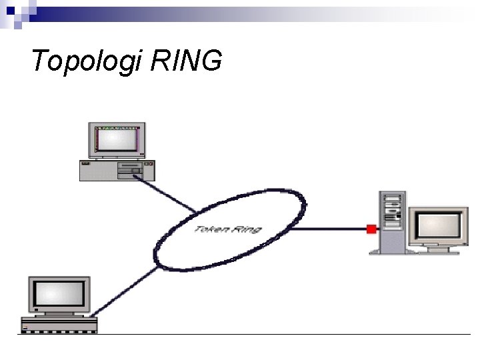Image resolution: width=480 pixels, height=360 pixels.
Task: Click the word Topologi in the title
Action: [87, 61]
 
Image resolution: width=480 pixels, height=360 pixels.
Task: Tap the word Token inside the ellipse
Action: [209, 229]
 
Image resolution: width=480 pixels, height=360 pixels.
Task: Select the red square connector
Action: [371, 229]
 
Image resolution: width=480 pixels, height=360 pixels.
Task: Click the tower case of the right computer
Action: [391, 223]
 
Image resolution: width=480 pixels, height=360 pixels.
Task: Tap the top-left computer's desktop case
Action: [117, 171]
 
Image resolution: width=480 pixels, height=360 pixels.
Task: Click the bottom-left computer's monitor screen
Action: [60, 294]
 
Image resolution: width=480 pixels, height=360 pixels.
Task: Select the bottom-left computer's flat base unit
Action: [59, 325]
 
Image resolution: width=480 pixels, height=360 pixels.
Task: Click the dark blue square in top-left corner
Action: [9, 8]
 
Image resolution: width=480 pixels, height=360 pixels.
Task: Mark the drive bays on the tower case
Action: [392, 203]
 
